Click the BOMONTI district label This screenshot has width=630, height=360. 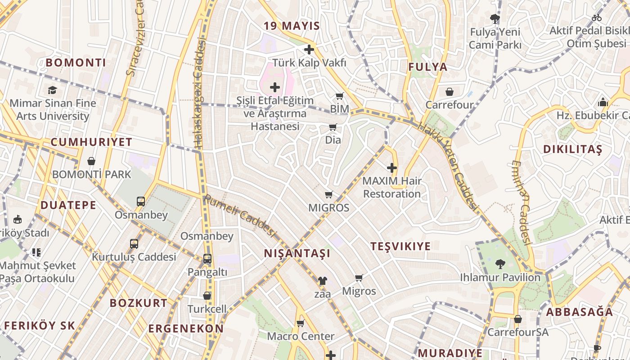pyautogui.click(x=76, y=63)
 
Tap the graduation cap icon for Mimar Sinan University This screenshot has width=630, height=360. pyautogui.click(x=53, y=90)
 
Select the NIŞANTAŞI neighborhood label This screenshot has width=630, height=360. pyautogui.click(x=297, y=253)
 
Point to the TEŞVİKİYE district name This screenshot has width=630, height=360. pyautogui.click(x=400, y=246)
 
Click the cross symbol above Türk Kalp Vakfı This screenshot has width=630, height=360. pyautogui.click(x=309, y=49)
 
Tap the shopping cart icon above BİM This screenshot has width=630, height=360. pyautogui.click(x=339, y=96)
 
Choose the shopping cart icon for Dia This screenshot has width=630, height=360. pyautogui.click(x=333, y=127)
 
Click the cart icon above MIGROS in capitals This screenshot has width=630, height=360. pyautogui.click(x=328, y=195)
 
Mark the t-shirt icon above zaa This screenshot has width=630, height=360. pyautogui.click(x=322, y=281)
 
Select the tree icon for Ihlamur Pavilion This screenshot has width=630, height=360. pyautogui.click(x=500, y=264)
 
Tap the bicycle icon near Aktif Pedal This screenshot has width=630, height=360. pyautogui.click(x=597, y=18)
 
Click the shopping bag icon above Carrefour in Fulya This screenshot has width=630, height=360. pyautogui.click(x=449, y=92)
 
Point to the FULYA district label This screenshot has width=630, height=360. pyautogui.click(x=428, y=67)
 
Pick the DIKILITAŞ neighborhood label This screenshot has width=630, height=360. pyautogui.click(x=572, y=149)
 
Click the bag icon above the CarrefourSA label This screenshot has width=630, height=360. pyautogui.click(x=518, y=319)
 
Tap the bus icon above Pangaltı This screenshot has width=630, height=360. pyautogui.click(x=207, y=259)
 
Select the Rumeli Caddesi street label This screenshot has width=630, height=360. pyautogui.click(x=239, y=215)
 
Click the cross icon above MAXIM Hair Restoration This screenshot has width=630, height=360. pyautogui.click(x=392, y=168)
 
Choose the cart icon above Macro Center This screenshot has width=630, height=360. pyautogui.click(x=300, y=323)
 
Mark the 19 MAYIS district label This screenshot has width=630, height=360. pyautogui.click(x=292, y=26)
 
